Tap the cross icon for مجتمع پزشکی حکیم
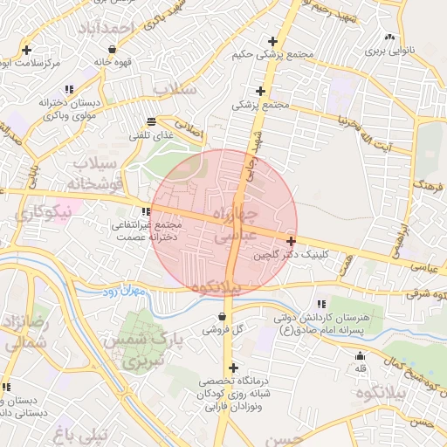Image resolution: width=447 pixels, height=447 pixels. tap(273, 41)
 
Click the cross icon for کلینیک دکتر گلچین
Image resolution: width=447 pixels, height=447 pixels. tap(291, 241)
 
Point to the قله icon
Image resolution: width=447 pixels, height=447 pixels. tap(360, 355)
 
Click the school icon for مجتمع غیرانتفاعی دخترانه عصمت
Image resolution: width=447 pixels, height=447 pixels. tap(145, 211)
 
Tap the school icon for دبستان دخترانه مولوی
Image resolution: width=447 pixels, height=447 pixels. tap(67, 89)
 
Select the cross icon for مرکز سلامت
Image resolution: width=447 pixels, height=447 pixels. tap(28, 50)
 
